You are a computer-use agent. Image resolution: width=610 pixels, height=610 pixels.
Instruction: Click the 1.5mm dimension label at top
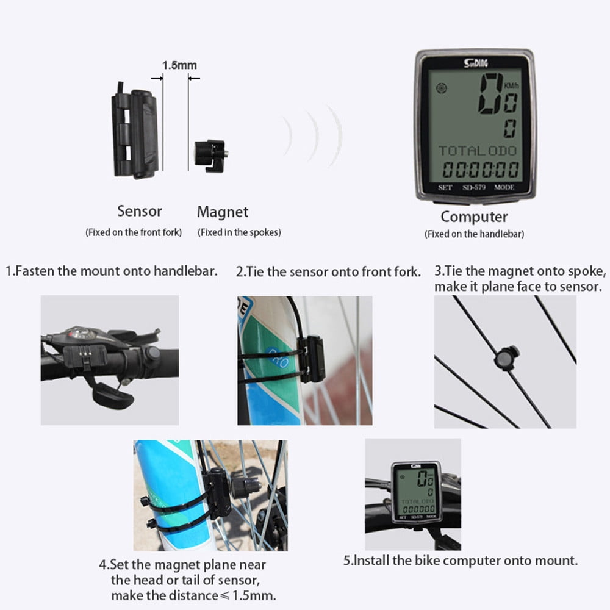tap(179, 65)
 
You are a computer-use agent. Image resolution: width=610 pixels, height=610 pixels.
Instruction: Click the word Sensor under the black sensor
tap(140, 211)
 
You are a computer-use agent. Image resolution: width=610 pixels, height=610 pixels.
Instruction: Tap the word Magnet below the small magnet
tap(223, 212)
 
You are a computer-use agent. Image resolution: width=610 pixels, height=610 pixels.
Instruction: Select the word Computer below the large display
tap(474, 217)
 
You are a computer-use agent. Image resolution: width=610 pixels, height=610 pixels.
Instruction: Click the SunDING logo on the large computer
tap(475, 63)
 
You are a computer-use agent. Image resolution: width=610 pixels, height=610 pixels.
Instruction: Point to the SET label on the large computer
tap(445, 187)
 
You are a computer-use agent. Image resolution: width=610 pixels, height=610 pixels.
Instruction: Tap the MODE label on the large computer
tap(504, 187)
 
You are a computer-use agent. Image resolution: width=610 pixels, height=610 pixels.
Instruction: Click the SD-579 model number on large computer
tap(474, 187)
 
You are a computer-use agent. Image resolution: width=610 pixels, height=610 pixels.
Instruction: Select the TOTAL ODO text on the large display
tap(478, 151)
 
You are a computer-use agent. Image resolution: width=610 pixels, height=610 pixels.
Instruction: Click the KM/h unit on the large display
tap(511, 85)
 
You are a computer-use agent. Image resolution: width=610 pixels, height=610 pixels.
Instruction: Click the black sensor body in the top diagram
tap(135, 131)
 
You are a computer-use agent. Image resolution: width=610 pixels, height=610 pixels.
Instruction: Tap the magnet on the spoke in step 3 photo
tap(506, 357)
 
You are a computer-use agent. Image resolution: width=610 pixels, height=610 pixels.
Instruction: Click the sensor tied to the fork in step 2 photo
tap(311, 359)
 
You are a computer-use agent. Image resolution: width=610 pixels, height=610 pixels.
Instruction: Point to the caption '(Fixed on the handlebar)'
tap(474, 234)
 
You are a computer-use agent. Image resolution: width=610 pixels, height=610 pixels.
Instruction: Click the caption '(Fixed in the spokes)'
tap(239, 232)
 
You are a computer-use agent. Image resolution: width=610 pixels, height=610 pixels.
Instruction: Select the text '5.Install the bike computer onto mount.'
tap(461, 561)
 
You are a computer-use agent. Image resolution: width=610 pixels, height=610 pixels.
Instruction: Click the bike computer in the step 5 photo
tap(416, 493)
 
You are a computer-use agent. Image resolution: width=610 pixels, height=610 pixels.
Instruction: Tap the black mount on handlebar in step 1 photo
tap(85, 357)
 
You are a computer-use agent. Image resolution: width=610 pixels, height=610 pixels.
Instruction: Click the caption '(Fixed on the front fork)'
tap(134, 232)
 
